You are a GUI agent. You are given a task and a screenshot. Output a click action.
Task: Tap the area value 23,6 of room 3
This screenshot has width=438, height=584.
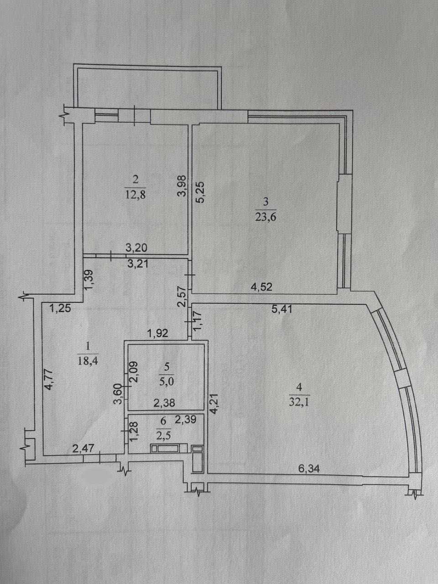[266, 217]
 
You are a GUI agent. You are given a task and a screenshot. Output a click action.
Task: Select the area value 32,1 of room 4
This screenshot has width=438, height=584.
[299, 402]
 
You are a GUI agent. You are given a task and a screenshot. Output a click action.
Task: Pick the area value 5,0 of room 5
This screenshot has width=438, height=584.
[167, 382]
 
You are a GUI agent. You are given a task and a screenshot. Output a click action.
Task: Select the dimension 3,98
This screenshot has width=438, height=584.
[182, 185]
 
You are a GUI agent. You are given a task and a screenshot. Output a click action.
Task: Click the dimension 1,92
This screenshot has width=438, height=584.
[158, 333]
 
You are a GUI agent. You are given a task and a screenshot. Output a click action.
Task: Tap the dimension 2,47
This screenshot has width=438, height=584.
[83, 448]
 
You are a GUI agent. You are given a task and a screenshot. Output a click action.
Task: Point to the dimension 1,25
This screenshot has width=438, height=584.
[60, 308]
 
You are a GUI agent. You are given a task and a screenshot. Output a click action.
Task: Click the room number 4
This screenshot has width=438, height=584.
[299, 387]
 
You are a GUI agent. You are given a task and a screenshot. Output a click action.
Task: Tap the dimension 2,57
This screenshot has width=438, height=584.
[182, 297]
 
